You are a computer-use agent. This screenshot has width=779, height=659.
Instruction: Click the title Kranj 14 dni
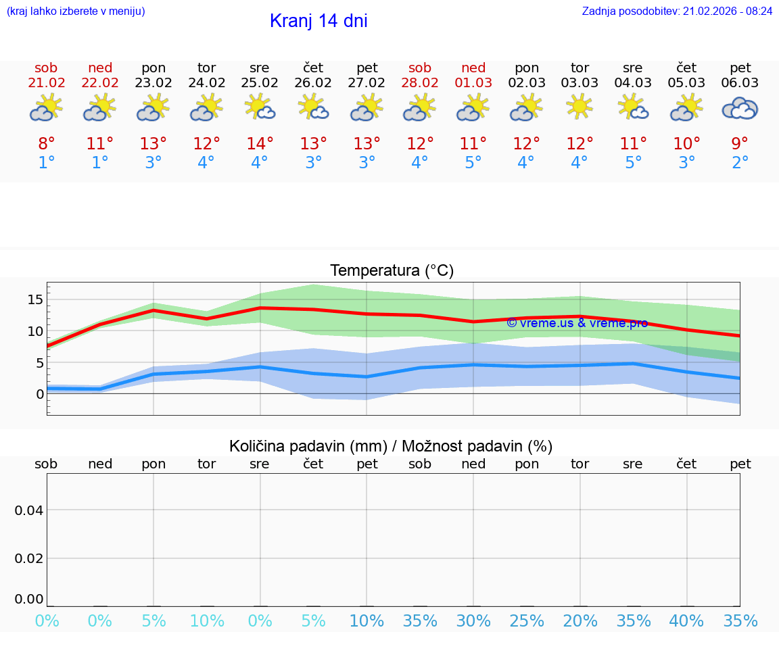click(x=318, y=21)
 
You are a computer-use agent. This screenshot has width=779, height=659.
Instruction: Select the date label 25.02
click(x=260, y=83)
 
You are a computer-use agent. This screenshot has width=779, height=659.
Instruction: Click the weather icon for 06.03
click(x=740, y=108)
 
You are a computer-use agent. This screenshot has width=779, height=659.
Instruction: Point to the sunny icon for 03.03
click(x=580, y=107)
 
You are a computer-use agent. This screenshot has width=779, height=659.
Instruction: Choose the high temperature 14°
click(x=260, y=144)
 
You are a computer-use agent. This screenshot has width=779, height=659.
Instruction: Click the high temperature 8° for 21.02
click(x=46, y=144)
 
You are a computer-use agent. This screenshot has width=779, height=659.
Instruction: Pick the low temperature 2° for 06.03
click(x=740, y=163)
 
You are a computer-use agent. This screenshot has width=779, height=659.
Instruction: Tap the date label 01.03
click(x=473, y=83)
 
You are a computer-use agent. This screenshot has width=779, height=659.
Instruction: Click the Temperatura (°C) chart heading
click(x=392, y=271)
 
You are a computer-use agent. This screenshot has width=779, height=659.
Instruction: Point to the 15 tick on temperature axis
click(x=36, y=299)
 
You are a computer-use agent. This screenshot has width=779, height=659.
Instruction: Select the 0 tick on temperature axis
click(x=40, y=393)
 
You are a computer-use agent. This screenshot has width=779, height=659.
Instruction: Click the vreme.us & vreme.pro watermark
click(x=577, y=323)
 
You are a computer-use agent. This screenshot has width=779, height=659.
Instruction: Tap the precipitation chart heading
click(x=391, y=446)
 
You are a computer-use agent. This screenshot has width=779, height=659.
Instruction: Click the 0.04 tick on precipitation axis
click(x=29, y=510)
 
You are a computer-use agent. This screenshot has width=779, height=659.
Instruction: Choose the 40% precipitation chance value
click(x=686, y=621)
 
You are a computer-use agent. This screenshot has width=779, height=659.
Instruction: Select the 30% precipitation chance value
click(x=473, y=621)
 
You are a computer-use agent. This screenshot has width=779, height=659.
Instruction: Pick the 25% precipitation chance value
click(x=527, y=621)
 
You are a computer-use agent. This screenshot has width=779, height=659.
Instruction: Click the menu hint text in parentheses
click(x=75, y=11)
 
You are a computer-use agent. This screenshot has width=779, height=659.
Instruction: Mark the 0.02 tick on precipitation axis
click(x=29, y=558)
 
